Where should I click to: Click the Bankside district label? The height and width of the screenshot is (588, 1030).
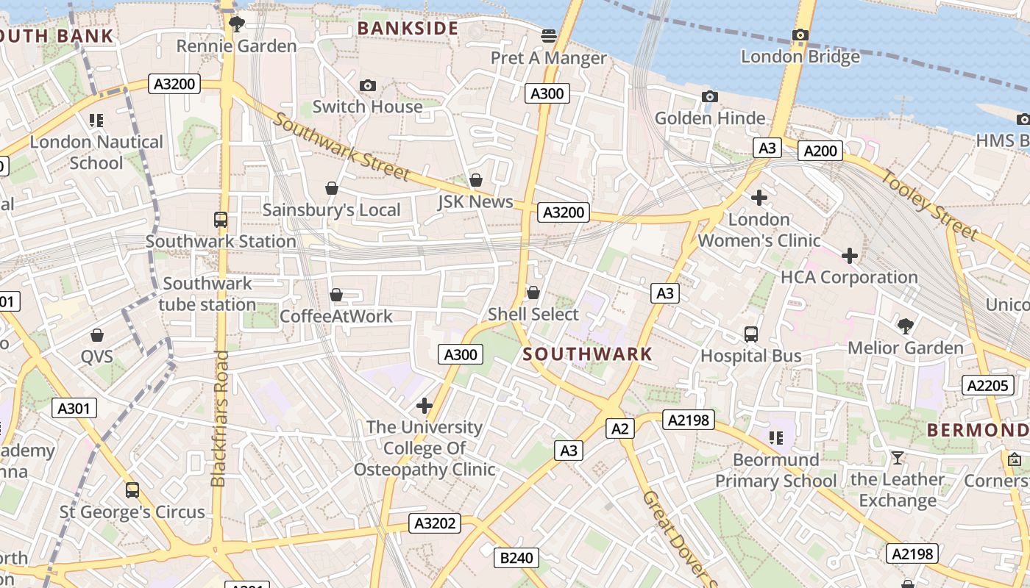pyautogui.click(x=408, y=29)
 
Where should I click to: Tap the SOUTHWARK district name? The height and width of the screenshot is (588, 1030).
pyautogui.click(x=588, y=354)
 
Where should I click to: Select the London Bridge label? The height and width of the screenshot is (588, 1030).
pyautogui.click(x=800, y=57)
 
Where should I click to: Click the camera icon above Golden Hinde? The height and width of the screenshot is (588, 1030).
pyautogui.click(x=710, y=96)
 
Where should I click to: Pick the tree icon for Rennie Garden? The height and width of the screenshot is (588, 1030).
pyautogui.click(x=236, y=24)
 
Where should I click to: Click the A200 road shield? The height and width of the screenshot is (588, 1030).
pyautogui.click(x=820, y=151)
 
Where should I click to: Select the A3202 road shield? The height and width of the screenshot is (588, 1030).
pyautogui.click(x=436, y=523)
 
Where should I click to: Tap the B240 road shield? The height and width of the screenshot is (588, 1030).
pyautogui.click(x=516, y=558)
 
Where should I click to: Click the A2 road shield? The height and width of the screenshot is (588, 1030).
pyautogui.click(x=619, y=429)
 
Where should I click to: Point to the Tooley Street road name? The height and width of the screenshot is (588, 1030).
pyautogui.click(x=930, y=205)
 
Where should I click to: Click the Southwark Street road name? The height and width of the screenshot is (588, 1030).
pyautogui.click(x=341, y=147)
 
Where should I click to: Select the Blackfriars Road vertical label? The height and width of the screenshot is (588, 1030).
pyautogui.click(x=219, y=419)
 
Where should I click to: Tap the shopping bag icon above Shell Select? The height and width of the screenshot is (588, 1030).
pyautogui.click(x=533, y=293)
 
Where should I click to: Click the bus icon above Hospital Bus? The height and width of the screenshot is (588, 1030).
pyautogui.click(x=751, y=334)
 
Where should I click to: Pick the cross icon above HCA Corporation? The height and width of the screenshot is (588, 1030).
pyautogui.click(x=850, y=256)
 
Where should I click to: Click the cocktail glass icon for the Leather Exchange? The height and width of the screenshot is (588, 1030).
pyautogui.click(x=897, y=458)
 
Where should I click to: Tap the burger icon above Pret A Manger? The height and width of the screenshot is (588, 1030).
pyautogui.click(x=548, y=35)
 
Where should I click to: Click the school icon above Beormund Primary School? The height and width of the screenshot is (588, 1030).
pyautogui.click(x=775, y=438)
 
